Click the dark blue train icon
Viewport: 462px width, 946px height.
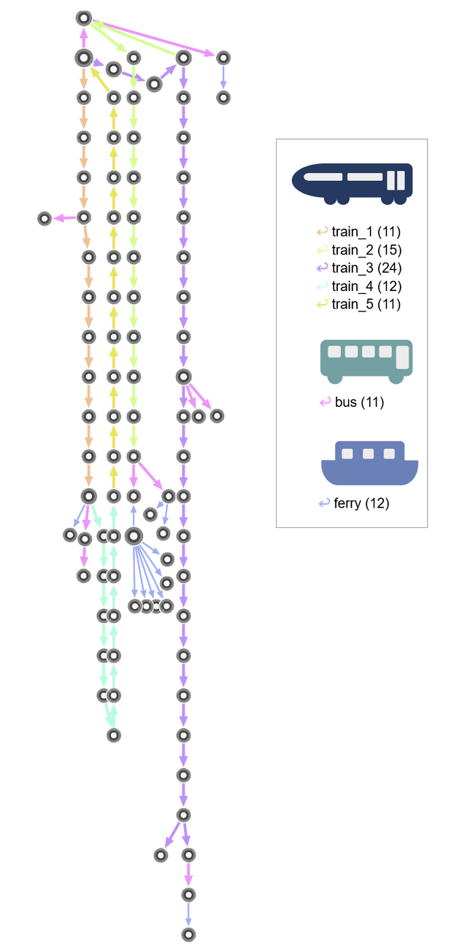coord(353,182)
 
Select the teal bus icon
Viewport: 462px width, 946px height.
coord(369,360)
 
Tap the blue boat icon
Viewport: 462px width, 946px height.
coord(369,462)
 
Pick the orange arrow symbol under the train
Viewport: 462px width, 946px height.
coord(322,231)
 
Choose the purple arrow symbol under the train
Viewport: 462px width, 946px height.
coord(322,267)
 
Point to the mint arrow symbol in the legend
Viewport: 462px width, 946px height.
coord(322,285)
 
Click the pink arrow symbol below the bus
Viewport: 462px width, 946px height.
coord(325,401)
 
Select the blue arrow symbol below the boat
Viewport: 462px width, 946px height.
coord(325,503)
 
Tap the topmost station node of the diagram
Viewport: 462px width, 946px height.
coord(84,18)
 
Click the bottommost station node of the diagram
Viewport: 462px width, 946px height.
coord(188,934)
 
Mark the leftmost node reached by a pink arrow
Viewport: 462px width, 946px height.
coord(45,218)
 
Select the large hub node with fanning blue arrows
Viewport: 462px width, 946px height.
coord(134,536)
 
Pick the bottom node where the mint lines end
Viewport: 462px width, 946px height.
coord(113,735)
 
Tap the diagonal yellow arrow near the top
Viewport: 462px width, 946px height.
coord(100,80)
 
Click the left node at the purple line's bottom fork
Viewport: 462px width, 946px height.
coord(161,855)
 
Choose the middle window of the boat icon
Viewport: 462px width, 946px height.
coord(368,454)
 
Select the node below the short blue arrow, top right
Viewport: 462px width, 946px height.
coord(223,98)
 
